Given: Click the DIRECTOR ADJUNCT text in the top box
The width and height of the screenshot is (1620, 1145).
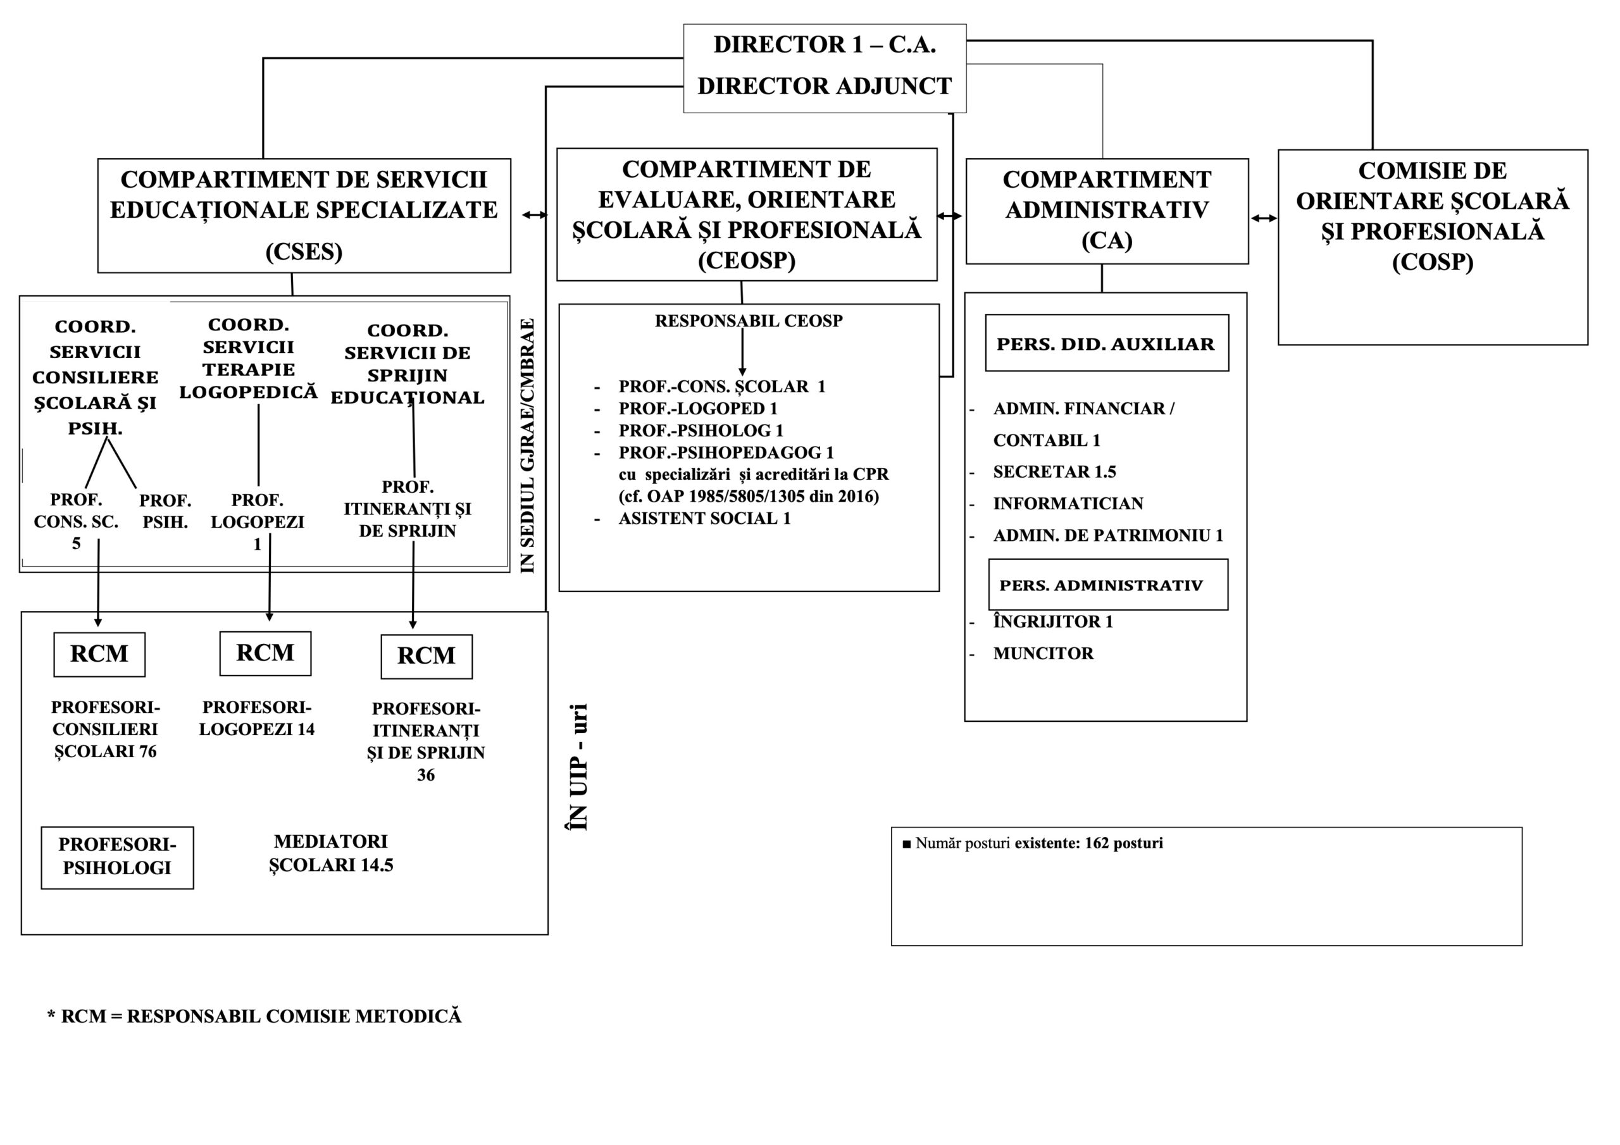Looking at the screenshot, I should point(824,86).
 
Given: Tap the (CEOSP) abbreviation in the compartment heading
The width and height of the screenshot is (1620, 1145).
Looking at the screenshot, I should point(747,261).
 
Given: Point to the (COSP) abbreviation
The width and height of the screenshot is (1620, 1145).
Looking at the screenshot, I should point(1432,263).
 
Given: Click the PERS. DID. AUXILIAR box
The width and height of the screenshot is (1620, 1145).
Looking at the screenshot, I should point(1106,343).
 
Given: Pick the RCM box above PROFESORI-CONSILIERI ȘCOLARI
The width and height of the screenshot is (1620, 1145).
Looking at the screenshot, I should point(99,654).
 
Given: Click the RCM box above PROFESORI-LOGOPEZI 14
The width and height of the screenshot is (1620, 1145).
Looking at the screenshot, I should point(265,653).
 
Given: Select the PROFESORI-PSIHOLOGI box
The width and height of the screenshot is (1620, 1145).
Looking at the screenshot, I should point(117,857).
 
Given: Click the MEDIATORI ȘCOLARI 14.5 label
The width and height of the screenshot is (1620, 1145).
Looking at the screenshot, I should point(331,853).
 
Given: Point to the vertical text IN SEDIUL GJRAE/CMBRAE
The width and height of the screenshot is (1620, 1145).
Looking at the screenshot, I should point(528,446).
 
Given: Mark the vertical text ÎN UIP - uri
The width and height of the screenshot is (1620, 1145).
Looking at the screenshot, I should point(578,767).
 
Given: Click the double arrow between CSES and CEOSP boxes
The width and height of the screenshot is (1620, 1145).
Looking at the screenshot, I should point(534,214).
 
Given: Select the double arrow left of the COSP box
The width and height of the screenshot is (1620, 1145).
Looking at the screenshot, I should point(1264,218).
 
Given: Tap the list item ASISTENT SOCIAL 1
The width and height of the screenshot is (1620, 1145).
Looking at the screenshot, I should point(704,519).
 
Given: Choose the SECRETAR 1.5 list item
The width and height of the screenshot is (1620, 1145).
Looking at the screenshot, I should point(1054,472).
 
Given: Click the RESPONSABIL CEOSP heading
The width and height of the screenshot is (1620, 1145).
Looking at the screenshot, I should point(749,321).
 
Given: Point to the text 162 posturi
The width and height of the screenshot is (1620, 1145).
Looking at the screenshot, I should point(1123,843).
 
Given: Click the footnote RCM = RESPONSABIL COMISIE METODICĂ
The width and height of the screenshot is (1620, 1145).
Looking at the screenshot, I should point(255,1017).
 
